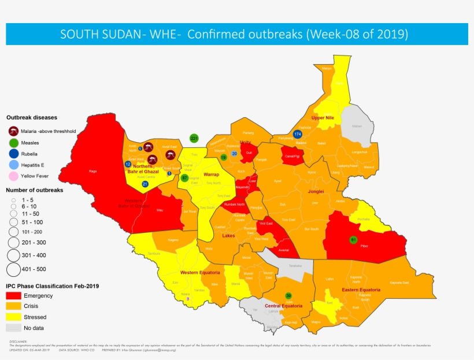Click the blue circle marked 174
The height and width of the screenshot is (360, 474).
coord(298,134)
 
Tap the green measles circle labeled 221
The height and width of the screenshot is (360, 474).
coord(194,138)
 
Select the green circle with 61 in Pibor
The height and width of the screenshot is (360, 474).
coord(353,239)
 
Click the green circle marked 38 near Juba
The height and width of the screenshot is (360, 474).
coord(288,295)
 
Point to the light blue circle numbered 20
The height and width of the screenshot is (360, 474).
coord(234,153)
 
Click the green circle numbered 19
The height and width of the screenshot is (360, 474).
coord(224,157)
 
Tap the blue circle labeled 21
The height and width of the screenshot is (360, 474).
coord(145,184)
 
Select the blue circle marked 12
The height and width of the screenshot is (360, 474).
coord(128,164)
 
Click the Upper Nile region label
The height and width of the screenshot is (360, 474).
coord(323,118)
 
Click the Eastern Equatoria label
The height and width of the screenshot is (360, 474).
coord(361,290)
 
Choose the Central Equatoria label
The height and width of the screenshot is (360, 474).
coord(284,306)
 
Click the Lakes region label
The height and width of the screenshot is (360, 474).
coord(228,235)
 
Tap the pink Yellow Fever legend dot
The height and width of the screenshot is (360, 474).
coord(13,175)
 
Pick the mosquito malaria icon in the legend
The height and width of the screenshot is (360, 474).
coord(13,131)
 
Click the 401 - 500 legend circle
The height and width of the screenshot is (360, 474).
coord(14,269)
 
